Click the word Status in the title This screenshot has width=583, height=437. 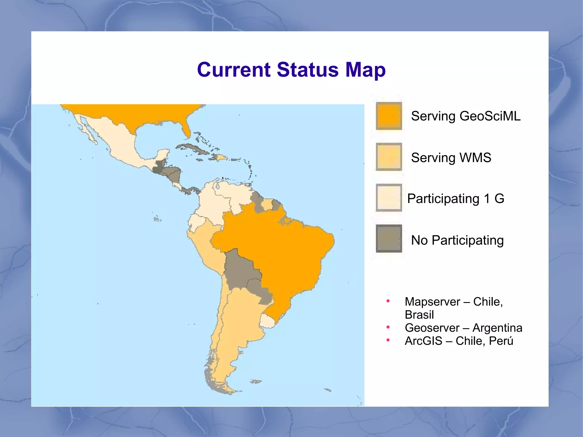[308, 70]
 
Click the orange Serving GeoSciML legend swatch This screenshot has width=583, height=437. [389, 116]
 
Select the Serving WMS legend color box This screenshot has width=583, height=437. [389, 157]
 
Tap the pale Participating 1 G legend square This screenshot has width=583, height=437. [389, 198]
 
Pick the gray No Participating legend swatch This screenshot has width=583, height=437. [389, 239]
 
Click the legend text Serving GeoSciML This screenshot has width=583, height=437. [466, 116]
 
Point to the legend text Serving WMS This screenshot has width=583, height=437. [451, 158]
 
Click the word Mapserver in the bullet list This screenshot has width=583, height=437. [432, 302]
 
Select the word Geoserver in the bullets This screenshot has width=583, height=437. [432, 328]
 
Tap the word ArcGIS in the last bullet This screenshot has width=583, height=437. [423, 341]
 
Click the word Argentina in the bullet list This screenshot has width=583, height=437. [497, 328]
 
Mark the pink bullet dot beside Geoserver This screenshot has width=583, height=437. [388, 327]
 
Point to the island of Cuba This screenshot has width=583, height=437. [194, 148]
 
